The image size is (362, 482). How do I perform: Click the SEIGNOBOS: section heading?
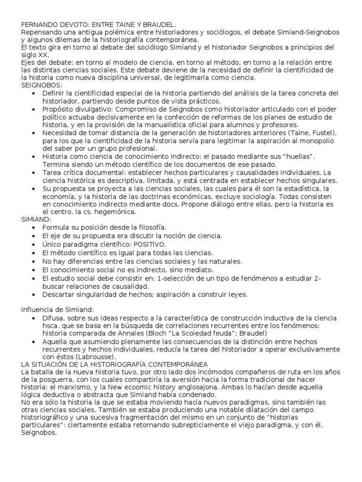(x=42, y=85)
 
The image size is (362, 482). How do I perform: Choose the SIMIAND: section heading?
(x=37, y=219)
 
